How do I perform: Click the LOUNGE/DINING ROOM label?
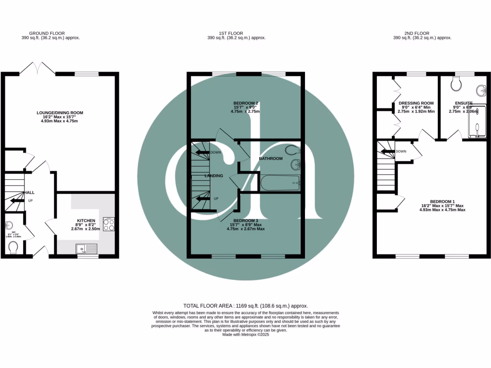click(60, 113)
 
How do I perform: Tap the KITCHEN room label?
click(87, 221)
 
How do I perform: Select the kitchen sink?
click(87, 248)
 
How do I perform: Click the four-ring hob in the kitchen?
click(109, 224)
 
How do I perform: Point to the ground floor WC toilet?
click(13, 247)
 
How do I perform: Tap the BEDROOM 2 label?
click(246, 103)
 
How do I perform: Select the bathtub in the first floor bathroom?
click(280, 183)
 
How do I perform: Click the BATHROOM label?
click(271, 158)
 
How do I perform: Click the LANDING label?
click(214, 176)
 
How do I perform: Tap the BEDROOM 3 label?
click(246, 220)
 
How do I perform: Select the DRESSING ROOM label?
click(416, 103)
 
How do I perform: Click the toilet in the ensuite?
click(456, 85)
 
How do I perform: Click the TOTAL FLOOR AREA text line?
click(245, 305)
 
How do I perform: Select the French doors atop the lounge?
click(37, 68)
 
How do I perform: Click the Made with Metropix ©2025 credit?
click(245, 335)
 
